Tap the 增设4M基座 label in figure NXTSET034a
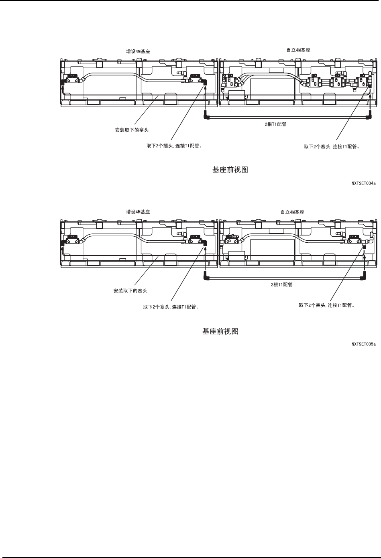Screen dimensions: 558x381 click(138, 51)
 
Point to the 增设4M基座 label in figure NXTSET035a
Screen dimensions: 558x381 click(138, 212)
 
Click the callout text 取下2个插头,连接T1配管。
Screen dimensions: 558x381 click(174, 146)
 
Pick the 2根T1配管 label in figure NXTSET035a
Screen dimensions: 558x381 click(281, 284)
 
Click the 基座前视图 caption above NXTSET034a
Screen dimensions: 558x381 click(230, 170)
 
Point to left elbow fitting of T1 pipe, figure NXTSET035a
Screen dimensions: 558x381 click(206, 276)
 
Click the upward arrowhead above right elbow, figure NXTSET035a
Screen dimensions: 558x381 click(364, 263)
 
